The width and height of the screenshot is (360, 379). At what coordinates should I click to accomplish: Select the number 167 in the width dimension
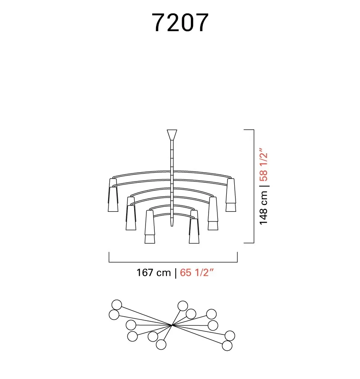(145, 272)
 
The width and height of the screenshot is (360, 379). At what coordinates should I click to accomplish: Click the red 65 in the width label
(185, 272)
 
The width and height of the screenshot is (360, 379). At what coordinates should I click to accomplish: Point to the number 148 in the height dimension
(263, 216)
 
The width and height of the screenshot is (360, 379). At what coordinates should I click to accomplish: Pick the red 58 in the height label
(263, 175)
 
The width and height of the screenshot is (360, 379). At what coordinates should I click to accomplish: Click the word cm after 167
(164, 273)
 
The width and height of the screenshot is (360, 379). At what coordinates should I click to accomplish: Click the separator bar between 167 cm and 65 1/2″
(175, 273)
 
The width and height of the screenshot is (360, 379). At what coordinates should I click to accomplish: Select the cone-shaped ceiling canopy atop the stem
(172, 135)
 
